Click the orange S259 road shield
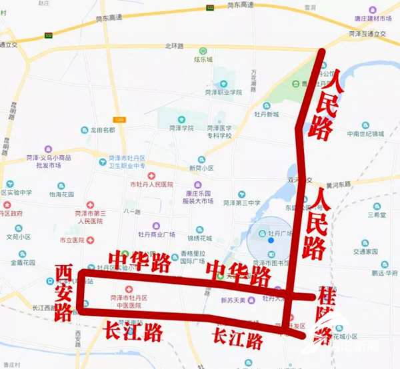[119, 120]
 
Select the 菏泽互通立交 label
[366, 33]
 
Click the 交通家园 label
[366, 252]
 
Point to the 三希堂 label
[377, 215]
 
